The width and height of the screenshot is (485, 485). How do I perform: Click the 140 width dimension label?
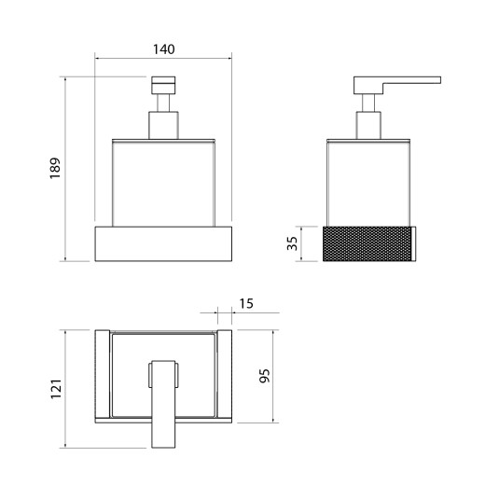coord(164,49)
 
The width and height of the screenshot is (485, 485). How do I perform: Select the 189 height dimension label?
coord(55,168)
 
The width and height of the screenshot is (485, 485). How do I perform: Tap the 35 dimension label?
coord(292,243)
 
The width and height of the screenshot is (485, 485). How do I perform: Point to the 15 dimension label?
coord(246,303)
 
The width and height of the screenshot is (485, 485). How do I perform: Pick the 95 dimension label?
coord(265,376)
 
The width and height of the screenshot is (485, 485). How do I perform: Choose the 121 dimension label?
coord(56,389)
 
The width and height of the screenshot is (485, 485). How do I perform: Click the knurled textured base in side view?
coord(367,244)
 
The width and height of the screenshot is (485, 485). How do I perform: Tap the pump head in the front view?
coord(163,85)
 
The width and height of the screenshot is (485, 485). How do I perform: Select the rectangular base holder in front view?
coord(163,243)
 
